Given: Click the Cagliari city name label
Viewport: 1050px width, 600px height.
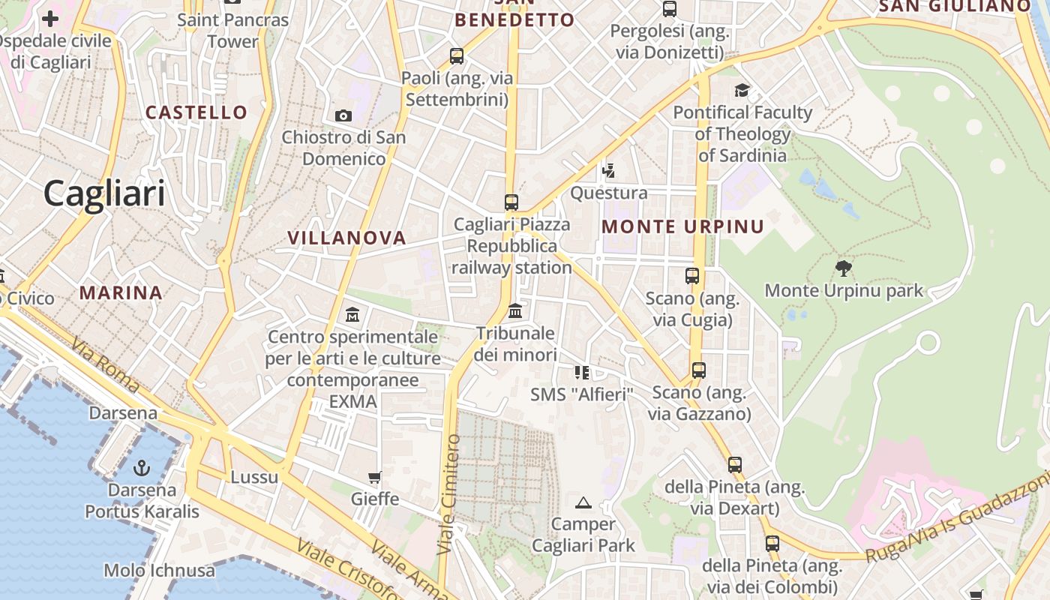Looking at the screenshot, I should click(103, 193).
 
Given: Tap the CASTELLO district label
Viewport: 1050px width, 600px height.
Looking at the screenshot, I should click(196, 112).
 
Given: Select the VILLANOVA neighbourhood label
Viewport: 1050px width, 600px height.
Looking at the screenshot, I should click(346, 238).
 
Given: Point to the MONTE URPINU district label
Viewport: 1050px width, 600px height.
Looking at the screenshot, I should click(682, 226).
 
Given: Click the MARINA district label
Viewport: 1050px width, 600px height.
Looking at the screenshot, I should click(121, 292).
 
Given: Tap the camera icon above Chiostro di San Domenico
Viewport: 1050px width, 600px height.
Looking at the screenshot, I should click(343, 115).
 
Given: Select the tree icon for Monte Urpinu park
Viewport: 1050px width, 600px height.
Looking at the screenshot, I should click(844, 268).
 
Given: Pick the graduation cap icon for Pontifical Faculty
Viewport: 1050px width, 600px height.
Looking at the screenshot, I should click(742, 91).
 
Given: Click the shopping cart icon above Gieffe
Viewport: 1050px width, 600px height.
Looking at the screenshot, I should click(375, 477).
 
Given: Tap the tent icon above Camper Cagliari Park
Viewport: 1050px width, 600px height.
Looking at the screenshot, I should click(583, 502).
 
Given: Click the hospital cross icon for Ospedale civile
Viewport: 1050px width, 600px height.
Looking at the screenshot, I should click(50, 19).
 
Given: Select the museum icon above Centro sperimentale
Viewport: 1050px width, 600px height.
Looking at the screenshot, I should click(352, 315).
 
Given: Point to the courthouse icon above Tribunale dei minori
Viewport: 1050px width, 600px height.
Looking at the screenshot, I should click(515, 310).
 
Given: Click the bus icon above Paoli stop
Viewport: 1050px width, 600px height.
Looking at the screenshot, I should click(456, 55).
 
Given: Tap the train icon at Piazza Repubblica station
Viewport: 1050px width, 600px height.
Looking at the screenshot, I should click(511, 202).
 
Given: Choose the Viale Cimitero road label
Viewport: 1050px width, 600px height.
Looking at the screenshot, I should click(448, 494).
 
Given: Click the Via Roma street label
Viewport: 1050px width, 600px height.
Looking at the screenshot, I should click(105, 365).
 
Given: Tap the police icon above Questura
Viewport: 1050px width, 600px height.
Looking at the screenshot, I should click(608, 171).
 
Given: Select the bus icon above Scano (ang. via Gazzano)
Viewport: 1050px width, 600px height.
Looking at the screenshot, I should click(699, 370).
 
